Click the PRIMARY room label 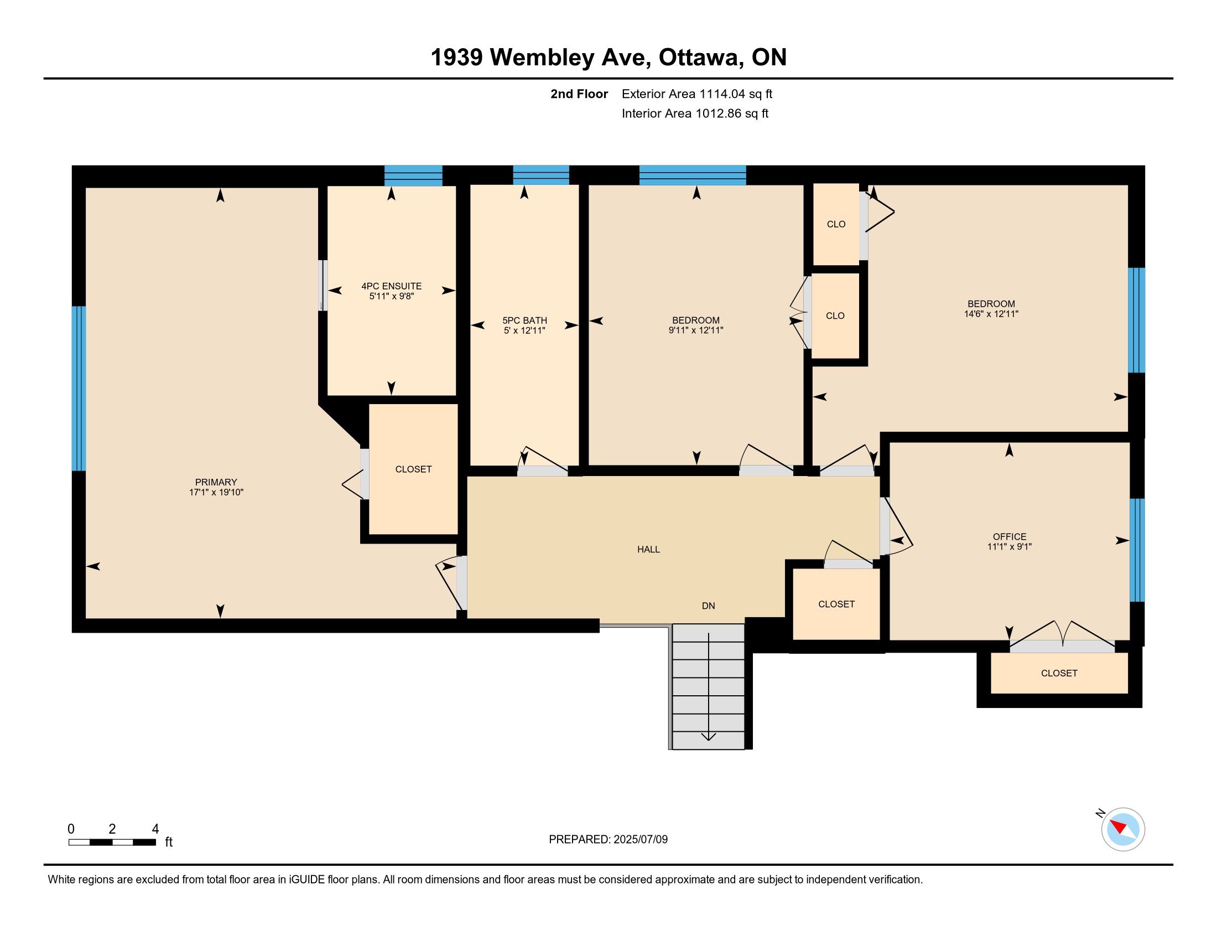(216, 482)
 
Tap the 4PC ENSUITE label (391, 286)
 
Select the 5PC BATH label (524, 320)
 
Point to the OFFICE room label (1009, 537)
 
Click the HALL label (649, 549)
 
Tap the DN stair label (708, 606)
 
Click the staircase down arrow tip (708, 740)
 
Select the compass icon (1122, 829)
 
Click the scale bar (112, 842)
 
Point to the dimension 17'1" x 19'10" (216, 492)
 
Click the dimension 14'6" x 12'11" (991, 314)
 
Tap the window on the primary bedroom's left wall (79, 389)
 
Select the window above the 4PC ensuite (413, 175)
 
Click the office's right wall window (1137, 550)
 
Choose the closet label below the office (1059, 673)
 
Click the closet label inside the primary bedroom (413, 469)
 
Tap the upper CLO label (836, 224)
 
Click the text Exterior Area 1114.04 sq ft (697, 94)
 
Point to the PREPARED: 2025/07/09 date (608, 840)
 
